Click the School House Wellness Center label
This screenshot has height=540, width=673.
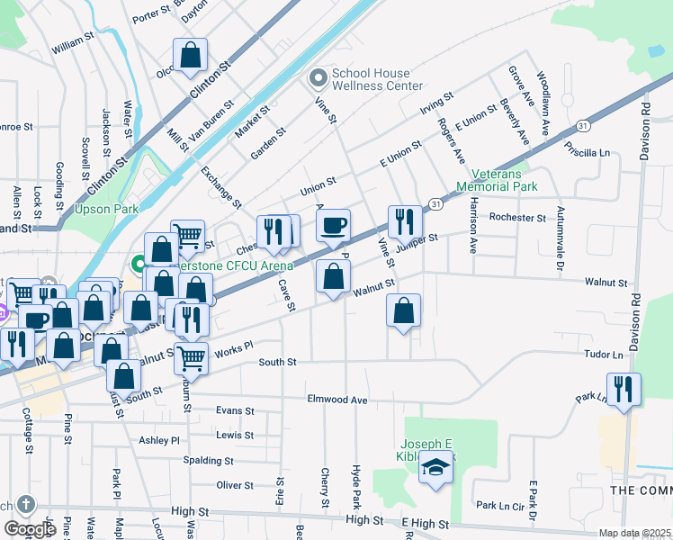(377, 79)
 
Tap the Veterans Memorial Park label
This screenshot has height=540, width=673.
(497, 180)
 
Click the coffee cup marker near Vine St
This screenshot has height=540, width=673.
(333, 225)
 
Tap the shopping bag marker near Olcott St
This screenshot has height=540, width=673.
(191, 55)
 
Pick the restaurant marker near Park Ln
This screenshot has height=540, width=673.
(624, 390)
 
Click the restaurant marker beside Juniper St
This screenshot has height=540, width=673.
(405, 221)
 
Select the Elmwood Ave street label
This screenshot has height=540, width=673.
(337, 399)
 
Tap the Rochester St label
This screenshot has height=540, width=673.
(517, 218)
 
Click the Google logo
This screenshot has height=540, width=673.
(30, 529)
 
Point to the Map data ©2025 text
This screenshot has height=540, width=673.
(634, 533)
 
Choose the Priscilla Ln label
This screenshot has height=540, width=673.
(588, 148)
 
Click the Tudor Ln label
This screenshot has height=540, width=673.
(603, 355)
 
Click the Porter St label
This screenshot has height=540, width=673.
(150, 15)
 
